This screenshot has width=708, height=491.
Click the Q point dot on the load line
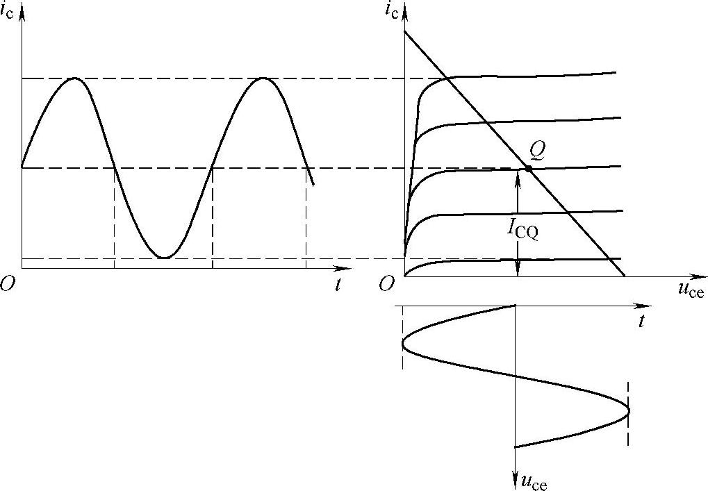tap(529, 169)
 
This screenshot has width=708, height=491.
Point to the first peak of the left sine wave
tap(74, 78)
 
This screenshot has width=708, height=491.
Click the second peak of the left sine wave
tap(263, 78)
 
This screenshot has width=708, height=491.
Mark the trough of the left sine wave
tap(164, 258)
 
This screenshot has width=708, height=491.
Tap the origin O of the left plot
tap(8, 285)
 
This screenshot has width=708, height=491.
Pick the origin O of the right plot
tap(386, 284)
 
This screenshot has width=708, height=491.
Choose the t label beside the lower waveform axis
tap(641, 321)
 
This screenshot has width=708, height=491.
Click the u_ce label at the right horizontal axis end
tap(690, 290)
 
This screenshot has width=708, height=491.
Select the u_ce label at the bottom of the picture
tap(533, 481)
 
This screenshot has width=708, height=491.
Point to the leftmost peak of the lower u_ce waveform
tap(402, 342)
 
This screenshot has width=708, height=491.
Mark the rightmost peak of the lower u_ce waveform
tap(629, 410)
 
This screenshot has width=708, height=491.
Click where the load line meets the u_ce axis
tap(625, 276)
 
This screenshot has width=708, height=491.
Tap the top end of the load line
tap(404, 31)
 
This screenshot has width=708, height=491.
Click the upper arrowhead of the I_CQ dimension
tap(518, 174)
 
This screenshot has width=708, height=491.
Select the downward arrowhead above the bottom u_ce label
tap(515, 472)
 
